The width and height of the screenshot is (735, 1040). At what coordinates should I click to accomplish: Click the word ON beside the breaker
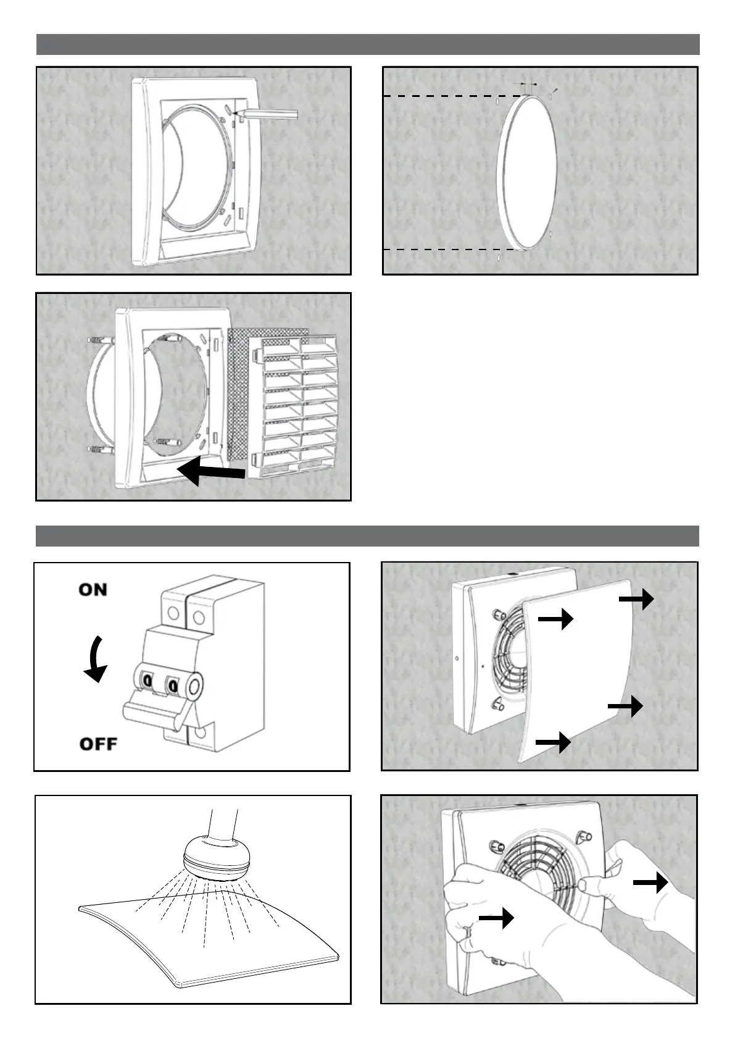coord(93,590)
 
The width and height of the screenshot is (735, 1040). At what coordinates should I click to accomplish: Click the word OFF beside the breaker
coord(98,743)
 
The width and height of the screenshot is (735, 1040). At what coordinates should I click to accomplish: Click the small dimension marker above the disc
coord(526,83)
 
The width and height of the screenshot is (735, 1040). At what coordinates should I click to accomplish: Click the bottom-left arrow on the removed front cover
coord(553,742)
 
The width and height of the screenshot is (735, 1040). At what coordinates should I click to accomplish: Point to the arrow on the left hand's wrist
coord(496,918)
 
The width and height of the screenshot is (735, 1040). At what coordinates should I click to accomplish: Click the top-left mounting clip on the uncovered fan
coord(497,616)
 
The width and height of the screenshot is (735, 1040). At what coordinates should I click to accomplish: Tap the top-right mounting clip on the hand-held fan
coord(580,837)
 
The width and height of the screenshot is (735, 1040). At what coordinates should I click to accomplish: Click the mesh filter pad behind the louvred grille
coord(238,401)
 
